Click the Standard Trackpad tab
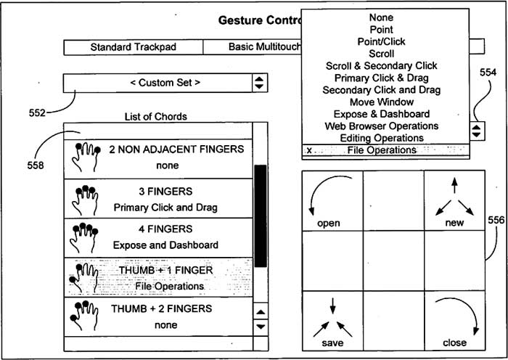coord(133,47)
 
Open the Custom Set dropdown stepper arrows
coord(260,83)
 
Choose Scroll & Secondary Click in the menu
coord(381,66)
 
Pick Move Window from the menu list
coord(382,102)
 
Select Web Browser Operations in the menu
coord(382,126)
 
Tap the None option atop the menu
coord(381,17)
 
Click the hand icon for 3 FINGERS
coord(84,200)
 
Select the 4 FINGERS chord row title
coord(165,229)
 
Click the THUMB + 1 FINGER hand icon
coord(83,278)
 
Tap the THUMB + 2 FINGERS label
coord(162,308)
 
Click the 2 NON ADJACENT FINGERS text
coord(176,149)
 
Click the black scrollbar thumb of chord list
coord(261,216)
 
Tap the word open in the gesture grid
coord(329,224)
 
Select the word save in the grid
coord(332,343)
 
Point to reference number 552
coord(37,112)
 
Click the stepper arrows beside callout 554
coord(477,131)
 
